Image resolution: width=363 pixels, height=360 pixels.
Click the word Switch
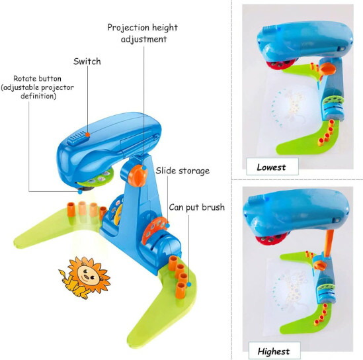(x=87, y=62)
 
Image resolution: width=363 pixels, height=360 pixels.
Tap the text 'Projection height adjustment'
(x=143, y=33)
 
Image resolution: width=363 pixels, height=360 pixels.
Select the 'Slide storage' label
(x=182, y=171)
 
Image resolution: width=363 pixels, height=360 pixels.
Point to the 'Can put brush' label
(x=197, y=207)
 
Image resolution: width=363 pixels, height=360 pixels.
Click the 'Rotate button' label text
(x=37, y=79)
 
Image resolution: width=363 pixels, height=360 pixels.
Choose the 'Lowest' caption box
(x=272, y=167)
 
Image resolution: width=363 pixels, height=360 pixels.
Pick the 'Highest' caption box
(x=274, y=351)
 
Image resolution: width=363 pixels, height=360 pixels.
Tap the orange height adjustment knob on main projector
(x=138, y=175)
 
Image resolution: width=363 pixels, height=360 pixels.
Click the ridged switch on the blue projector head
(x=77, y=138)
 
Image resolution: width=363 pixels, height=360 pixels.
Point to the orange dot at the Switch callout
(x=87, y=134)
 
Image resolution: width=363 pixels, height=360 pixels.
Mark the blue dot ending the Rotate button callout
(x=80, y=192)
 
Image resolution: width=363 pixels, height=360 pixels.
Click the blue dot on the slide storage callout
(x=167, y=226)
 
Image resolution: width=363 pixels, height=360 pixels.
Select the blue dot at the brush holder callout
(x=189, y=285)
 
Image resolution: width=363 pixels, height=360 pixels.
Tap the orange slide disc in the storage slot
(x=153, y=230)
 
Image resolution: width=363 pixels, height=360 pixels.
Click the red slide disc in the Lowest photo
(x=280, y=64)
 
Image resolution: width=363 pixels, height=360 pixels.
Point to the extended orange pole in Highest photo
(x=329, y=243)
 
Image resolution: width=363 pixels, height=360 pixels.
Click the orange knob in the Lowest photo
(x=327, y=69)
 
